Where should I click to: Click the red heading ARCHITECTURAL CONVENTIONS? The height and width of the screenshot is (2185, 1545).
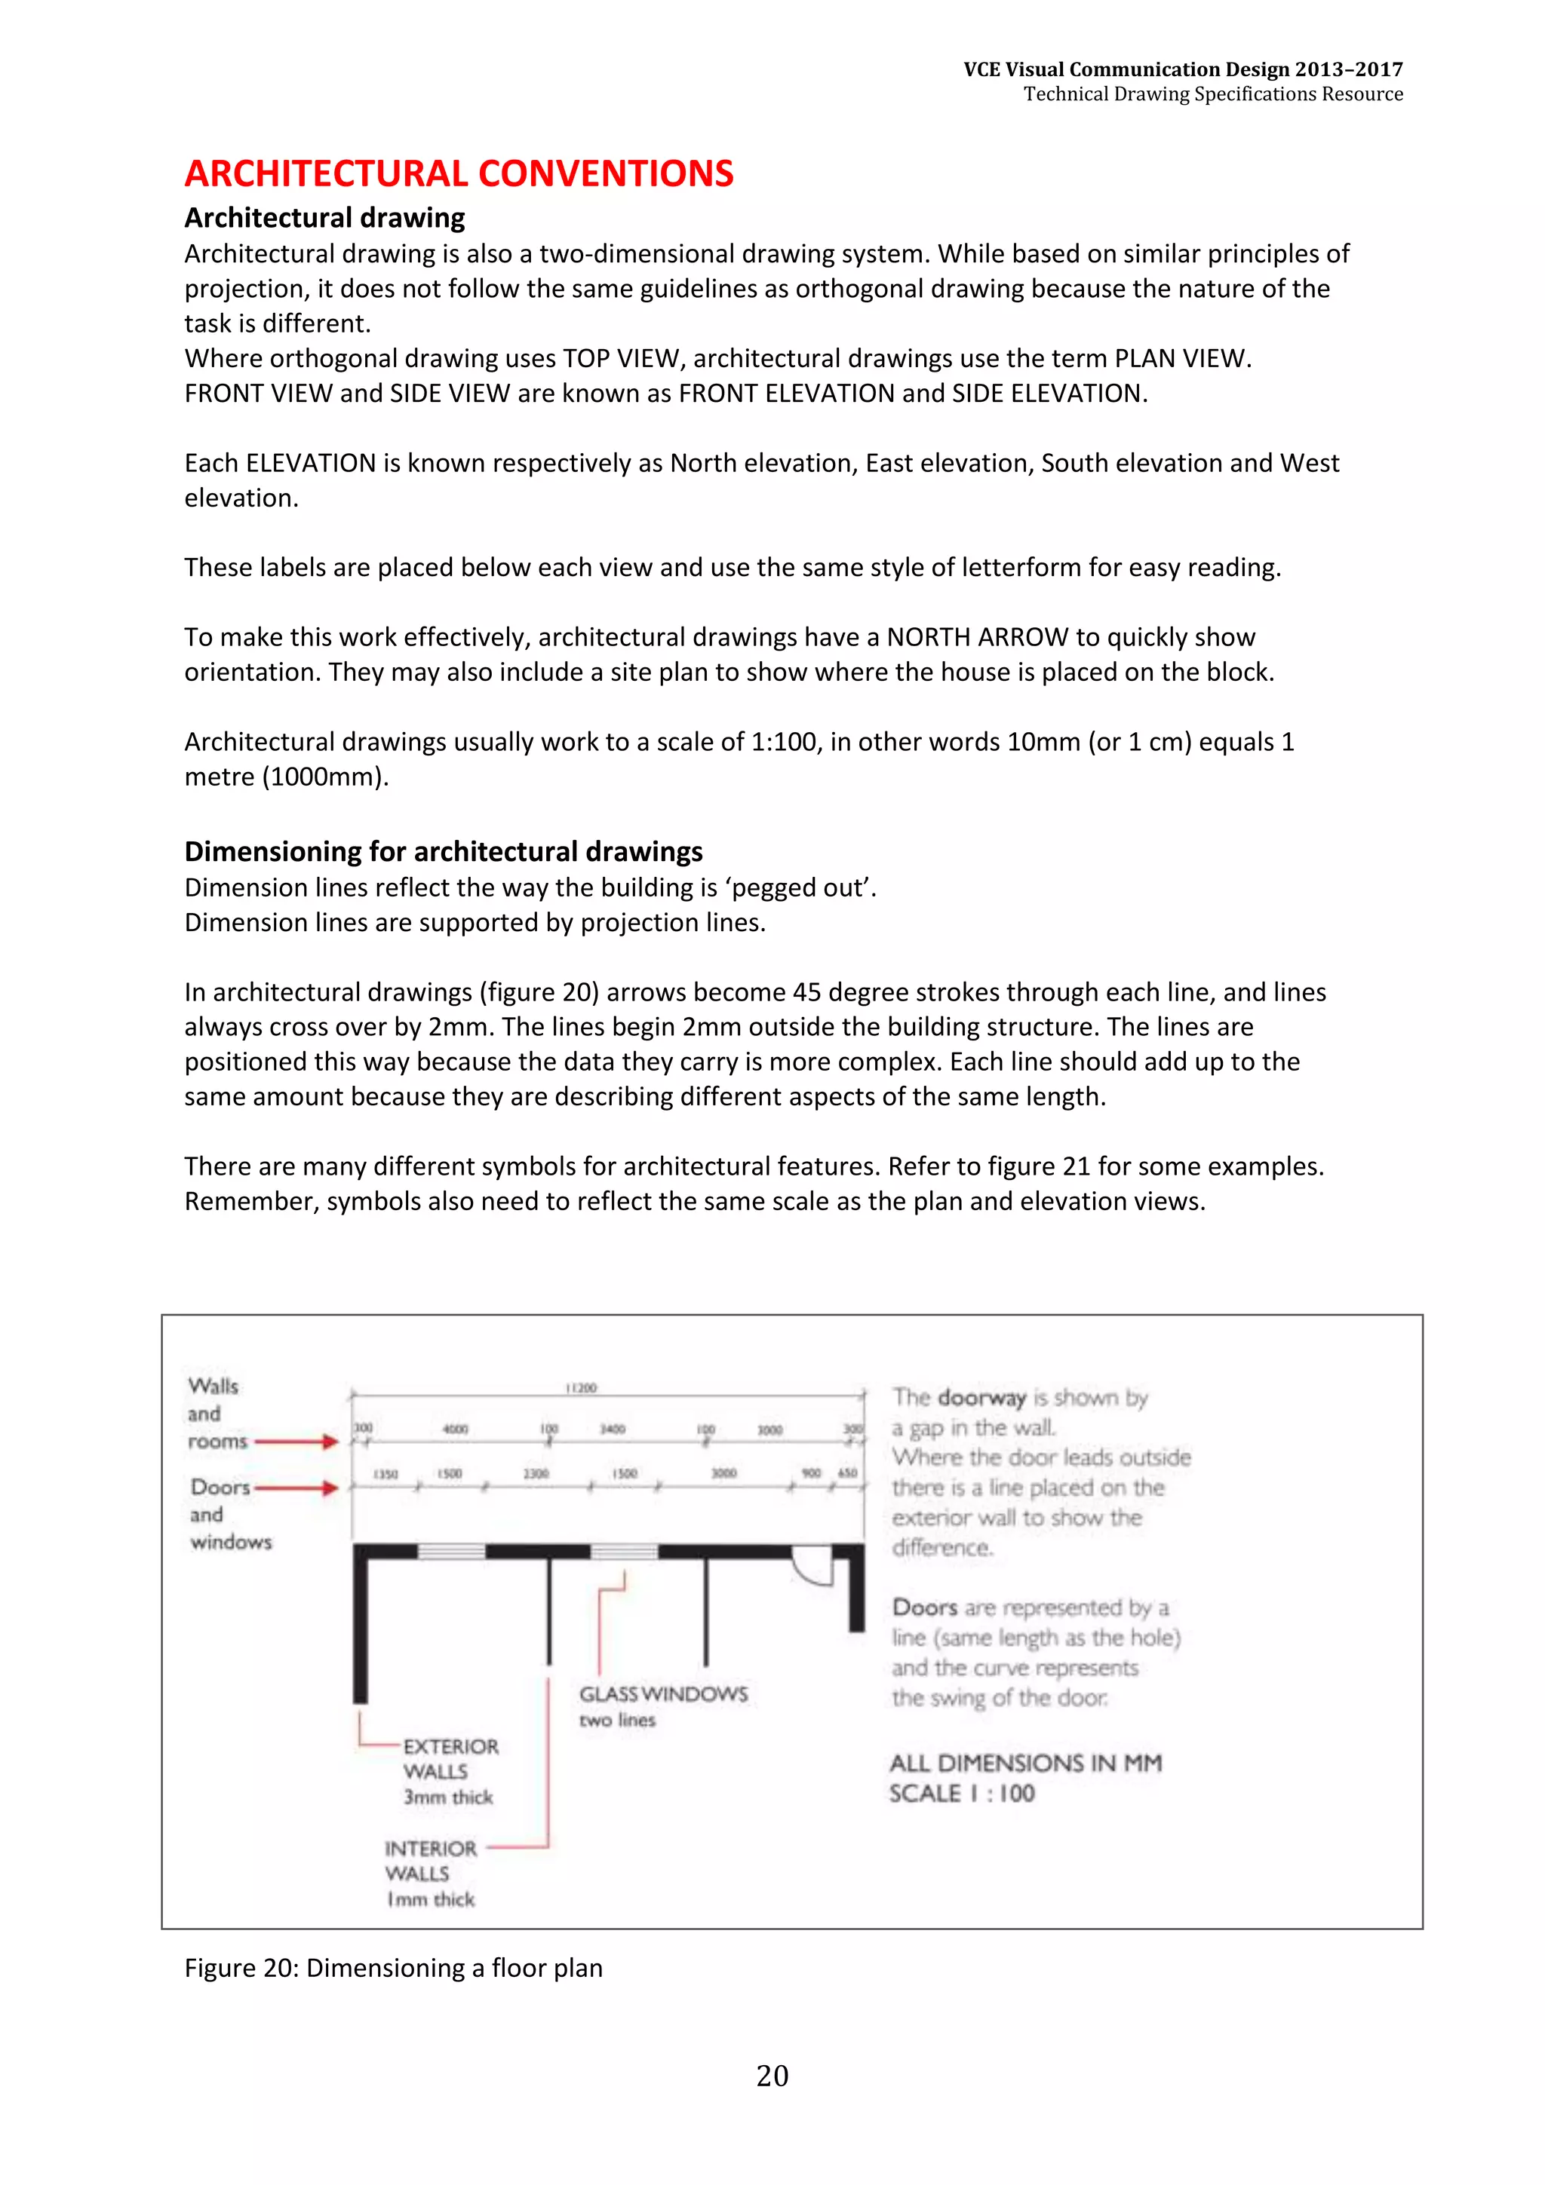click(458, 173)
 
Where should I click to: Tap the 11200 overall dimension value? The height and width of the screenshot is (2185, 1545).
click(581, 1387)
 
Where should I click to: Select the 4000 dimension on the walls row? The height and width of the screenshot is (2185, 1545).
click(455, 1429)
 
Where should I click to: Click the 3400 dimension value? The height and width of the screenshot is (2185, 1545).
click(612, 1429)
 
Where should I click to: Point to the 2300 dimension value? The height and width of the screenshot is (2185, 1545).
click(536, 1473)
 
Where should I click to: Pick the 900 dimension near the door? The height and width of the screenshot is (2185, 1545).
click(811, 1473)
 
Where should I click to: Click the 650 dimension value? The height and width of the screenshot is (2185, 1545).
click(847, 1473)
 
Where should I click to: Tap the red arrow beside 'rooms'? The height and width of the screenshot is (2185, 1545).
click(296, 1442)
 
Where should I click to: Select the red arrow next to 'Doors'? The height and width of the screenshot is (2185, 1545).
click(296, 1488)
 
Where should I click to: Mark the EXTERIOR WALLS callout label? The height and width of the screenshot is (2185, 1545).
click(450, 1771)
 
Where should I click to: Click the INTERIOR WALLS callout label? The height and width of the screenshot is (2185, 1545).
click(430, 1873)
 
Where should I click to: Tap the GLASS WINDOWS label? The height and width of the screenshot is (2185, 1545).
click(664, 1694)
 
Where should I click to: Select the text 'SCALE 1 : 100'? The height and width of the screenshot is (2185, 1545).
click(961, 1794)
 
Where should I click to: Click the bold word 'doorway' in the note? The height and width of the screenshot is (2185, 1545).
click(981, 1398)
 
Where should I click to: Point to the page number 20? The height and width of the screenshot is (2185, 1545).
click(772, 2076)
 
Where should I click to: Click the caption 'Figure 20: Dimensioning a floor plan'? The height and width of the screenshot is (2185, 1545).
click(393, 1967)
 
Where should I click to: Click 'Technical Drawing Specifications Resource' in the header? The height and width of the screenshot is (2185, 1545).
click(1213, 93)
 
